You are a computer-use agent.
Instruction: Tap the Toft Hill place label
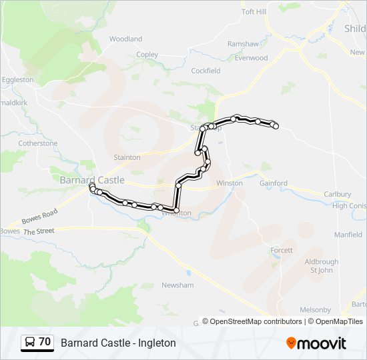pos(254,12)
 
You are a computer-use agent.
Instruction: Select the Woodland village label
pos(125,39)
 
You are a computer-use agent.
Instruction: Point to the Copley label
pos(147,55)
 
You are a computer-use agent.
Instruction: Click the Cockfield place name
pos(206,71)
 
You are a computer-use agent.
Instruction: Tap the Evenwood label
pos(251,58)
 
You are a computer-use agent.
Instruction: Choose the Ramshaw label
pos(243,44)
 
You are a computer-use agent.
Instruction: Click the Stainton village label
pos(127,157)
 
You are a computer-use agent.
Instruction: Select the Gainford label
pos(273,183)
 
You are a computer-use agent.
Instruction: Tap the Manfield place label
pos(348,235)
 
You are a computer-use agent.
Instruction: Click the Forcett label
pos(281,250)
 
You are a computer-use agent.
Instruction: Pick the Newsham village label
pos(177,285)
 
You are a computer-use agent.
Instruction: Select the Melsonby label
pos(315,310)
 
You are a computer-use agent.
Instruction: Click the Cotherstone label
pos(38,143)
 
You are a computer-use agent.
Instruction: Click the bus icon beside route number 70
pos(30,343)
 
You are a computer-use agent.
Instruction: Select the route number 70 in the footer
pos(45,342)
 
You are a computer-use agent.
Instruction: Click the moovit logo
pos(316,343)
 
